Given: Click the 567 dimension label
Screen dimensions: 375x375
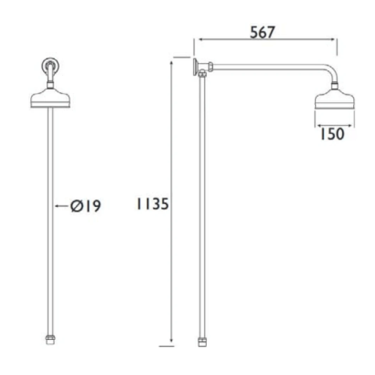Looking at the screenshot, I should pos(262,32).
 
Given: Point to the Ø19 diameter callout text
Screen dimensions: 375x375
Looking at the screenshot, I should pos(85,206).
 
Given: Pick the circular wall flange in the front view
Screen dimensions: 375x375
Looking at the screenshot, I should pos(50,65).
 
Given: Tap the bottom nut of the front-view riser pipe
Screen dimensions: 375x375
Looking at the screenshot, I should pos(50,341).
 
